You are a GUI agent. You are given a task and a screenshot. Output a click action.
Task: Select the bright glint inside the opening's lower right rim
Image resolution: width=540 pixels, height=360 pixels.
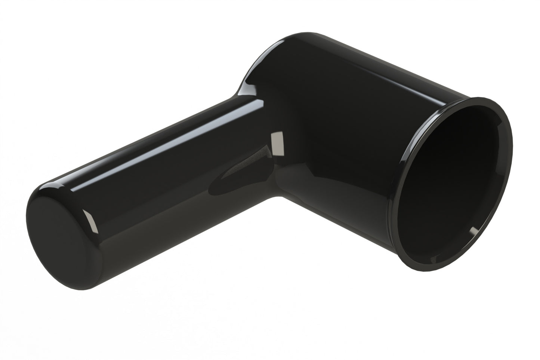(473, 232)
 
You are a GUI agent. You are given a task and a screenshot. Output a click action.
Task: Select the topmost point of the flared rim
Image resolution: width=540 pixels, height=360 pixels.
(482, 98)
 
